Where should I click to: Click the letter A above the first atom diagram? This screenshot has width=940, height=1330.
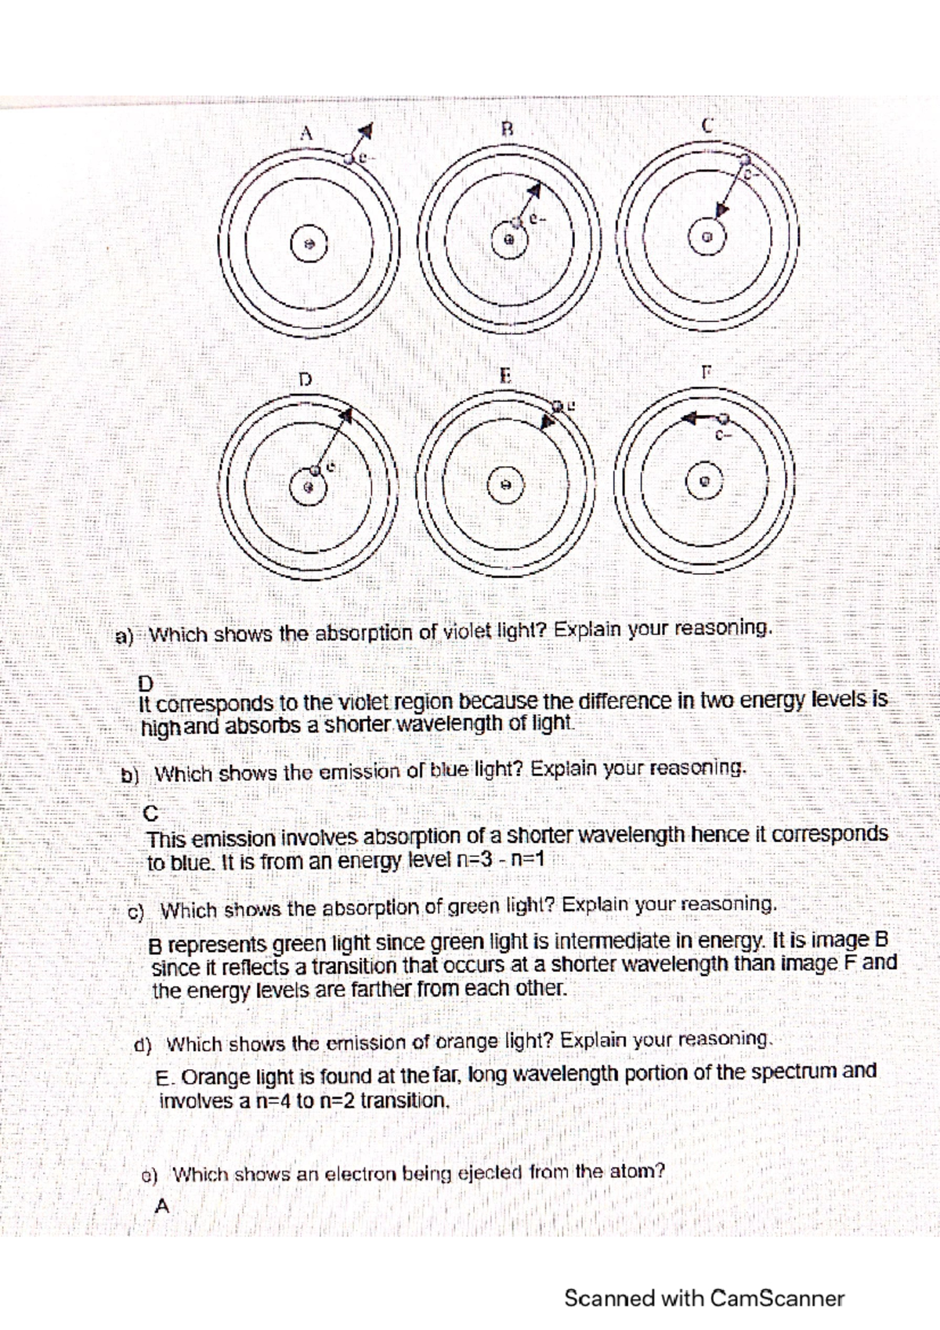tap(305, 133)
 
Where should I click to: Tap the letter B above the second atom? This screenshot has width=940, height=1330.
tap(507, 129)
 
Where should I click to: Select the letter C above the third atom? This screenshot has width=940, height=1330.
tap(707, 125)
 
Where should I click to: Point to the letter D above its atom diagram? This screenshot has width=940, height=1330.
tap(305, 379)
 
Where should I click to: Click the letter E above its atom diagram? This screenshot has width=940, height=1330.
tap(505, 376)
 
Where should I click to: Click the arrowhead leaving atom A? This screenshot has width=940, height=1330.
tap(367, 130)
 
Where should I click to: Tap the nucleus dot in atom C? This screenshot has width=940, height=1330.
tap(706, 237)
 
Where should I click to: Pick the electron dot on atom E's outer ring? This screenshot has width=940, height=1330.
tap(558, 407)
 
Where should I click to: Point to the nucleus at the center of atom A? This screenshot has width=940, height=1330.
tap(308, 244)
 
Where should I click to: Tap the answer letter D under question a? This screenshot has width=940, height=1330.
tap(146, 684)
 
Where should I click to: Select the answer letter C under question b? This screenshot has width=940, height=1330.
tap(151, 813)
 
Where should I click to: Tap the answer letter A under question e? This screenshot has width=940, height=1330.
tap(162, 1206)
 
